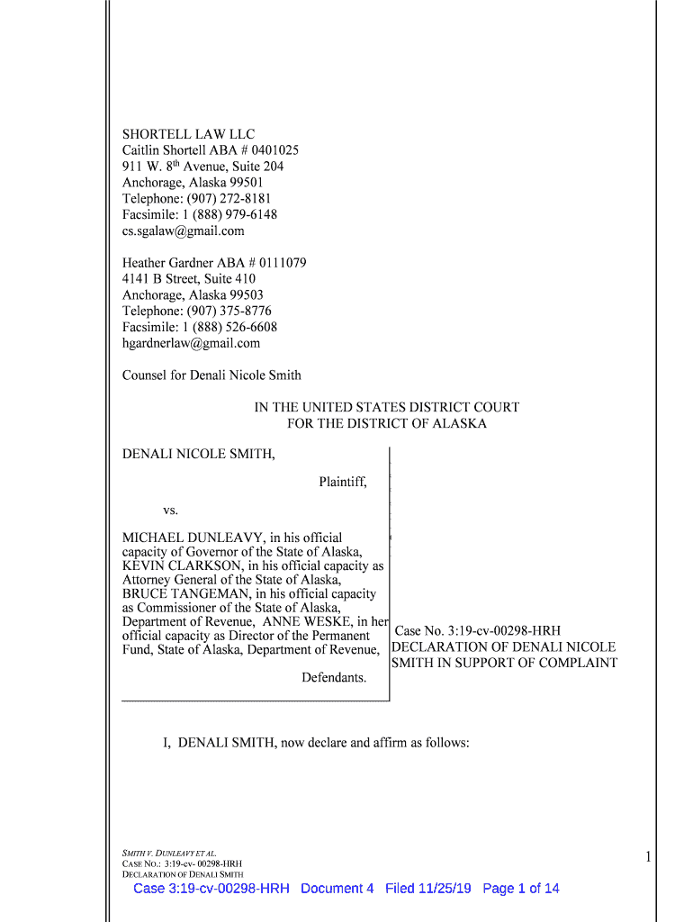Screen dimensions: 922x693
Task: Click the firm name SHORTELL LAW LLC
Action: click(188, 134)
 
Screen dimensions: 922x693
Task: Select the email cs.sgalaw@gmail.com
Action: click(183, 230)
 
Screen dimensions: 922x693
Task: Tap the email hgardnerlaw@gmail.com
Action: click(191, 343)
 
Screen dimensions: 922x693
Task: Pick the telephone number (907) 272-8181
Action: click(229, 198)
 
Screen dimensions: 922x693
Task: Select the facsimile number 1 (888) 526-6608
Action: click(232, 327)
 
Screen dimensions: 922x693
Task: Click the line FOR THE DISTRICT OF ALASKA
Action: click(386, 423)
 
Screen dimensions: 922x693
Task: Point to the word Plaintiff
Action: click(342, 482)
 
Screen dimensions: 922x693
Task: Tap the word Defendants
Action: click(334, 677)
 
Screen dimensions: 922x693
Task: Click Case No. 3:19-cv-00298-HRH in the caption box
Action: click(478, 631)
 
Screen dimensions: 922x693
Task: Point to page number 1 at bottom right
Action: click(647, 858)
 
